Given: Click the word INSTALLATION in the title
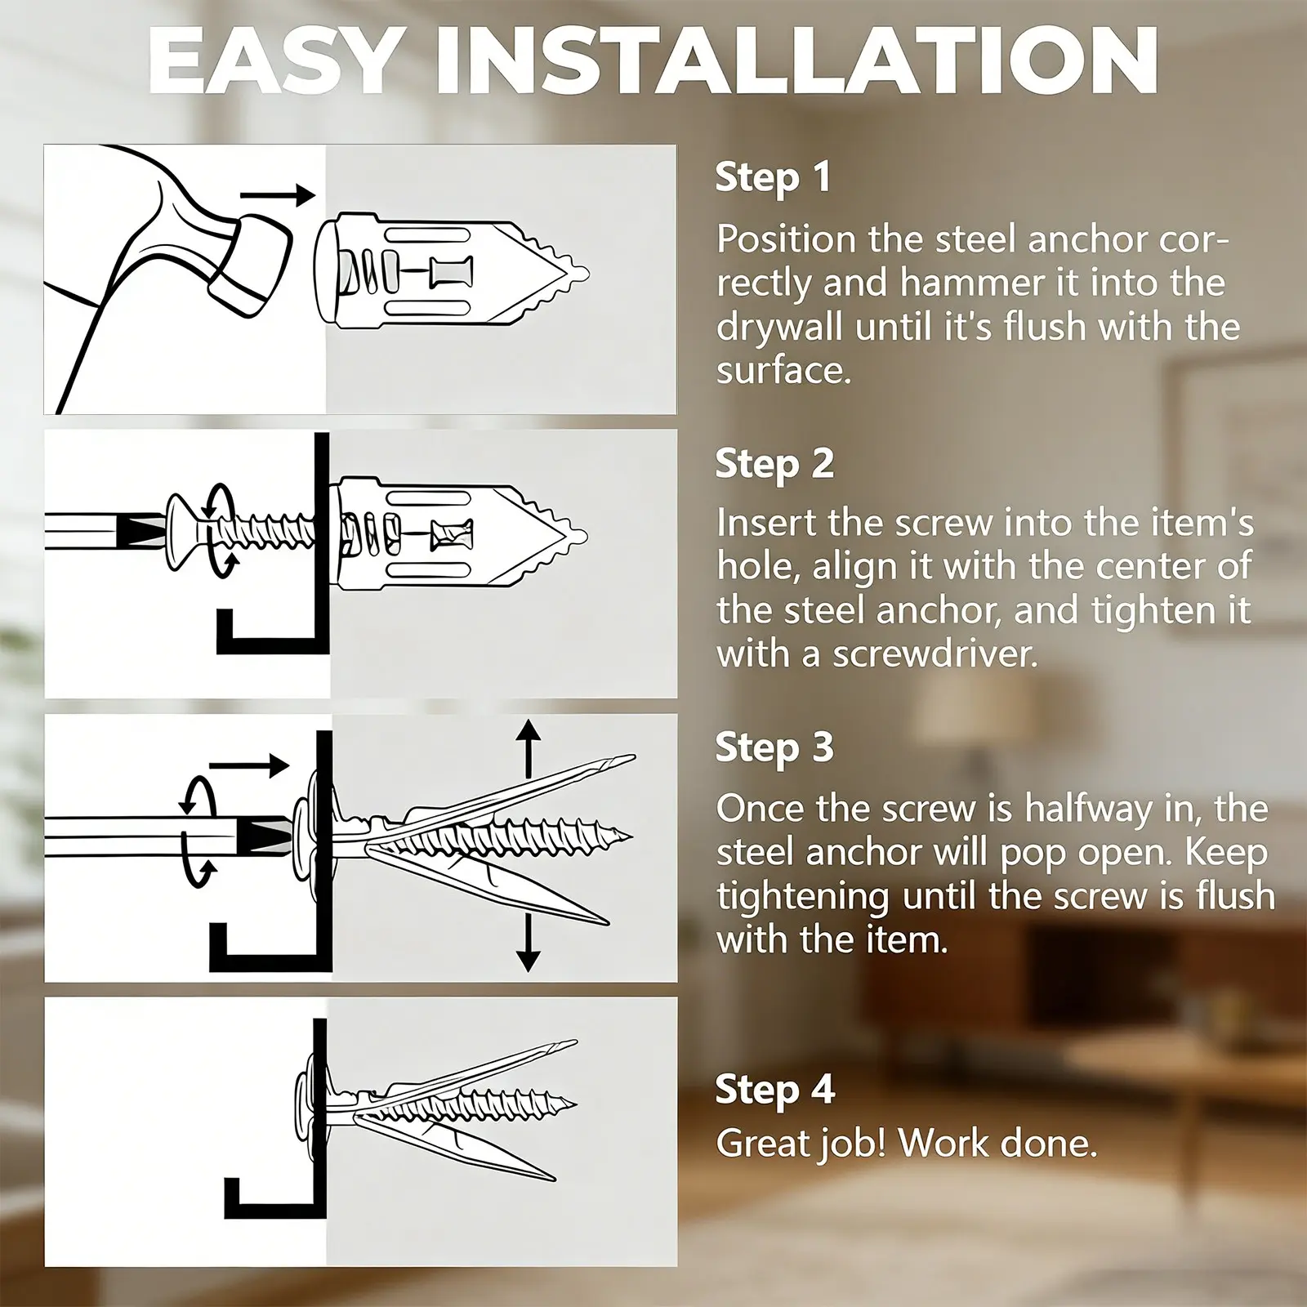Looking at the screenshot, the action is [x=796, y=61].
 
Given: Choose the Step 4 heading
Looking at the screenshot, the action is [x=774, y=1091].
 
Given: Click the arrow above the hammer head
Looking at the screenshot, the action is [x=278, y=195].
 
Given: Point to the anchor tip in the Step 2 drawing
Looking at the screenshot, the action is [x=583, y=536].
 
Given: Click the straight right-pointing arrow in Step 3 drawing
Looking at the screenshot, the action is [x=249, y=766].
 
